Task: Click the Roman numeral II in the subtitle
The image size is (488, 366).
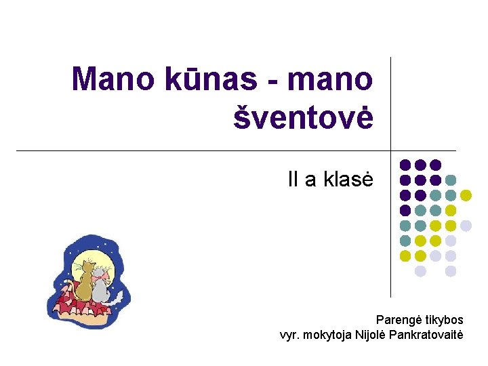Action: click(293, 180)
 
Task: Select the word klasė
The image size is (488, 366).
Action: click(346, 180)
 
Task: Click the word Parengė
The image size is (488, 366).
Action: click(398, 319)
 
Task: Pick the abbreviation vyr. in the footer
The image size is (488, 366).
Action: click(289, 334)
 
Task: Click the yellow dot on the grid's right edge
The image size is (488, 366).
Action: click(466, 195)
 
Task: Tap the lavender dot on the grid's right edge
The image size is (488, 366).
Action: click(466, 226)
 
